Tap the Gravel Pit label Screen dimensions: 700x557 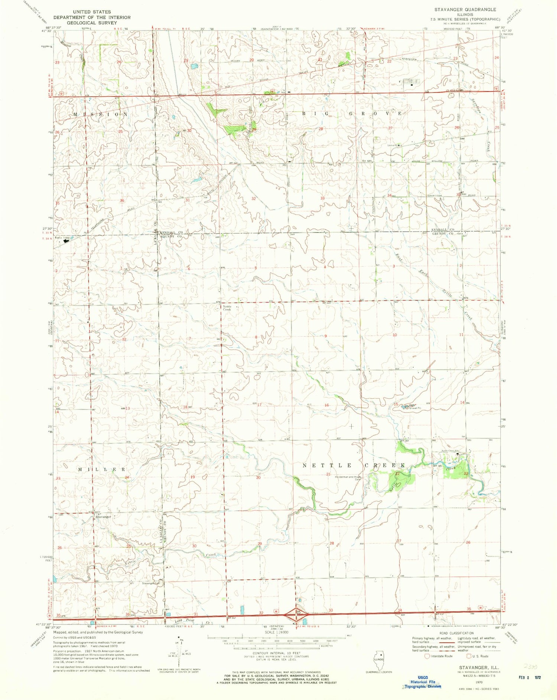coord(414,408)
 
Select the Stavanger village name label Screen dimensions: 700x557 coord(103,517)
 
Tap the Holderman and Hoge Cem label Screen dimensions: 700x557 coord(348,478)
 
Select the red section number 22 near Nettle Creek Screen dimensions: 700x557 coord(397,474)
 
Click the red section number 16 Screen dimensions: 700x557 coord(326,405)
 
